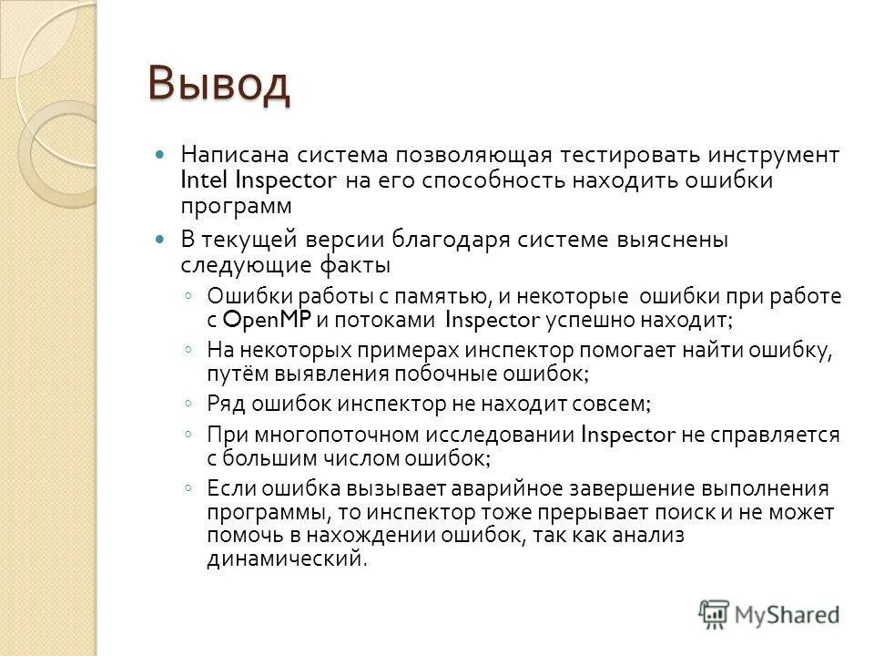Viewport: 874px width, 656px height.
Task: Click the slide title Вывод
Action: click(219, 85)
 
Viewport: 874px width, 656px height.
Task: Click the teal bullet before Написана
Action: click(162, 155)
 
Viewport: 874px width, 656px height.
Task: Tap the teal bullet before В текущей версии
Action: click(162, 241)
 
